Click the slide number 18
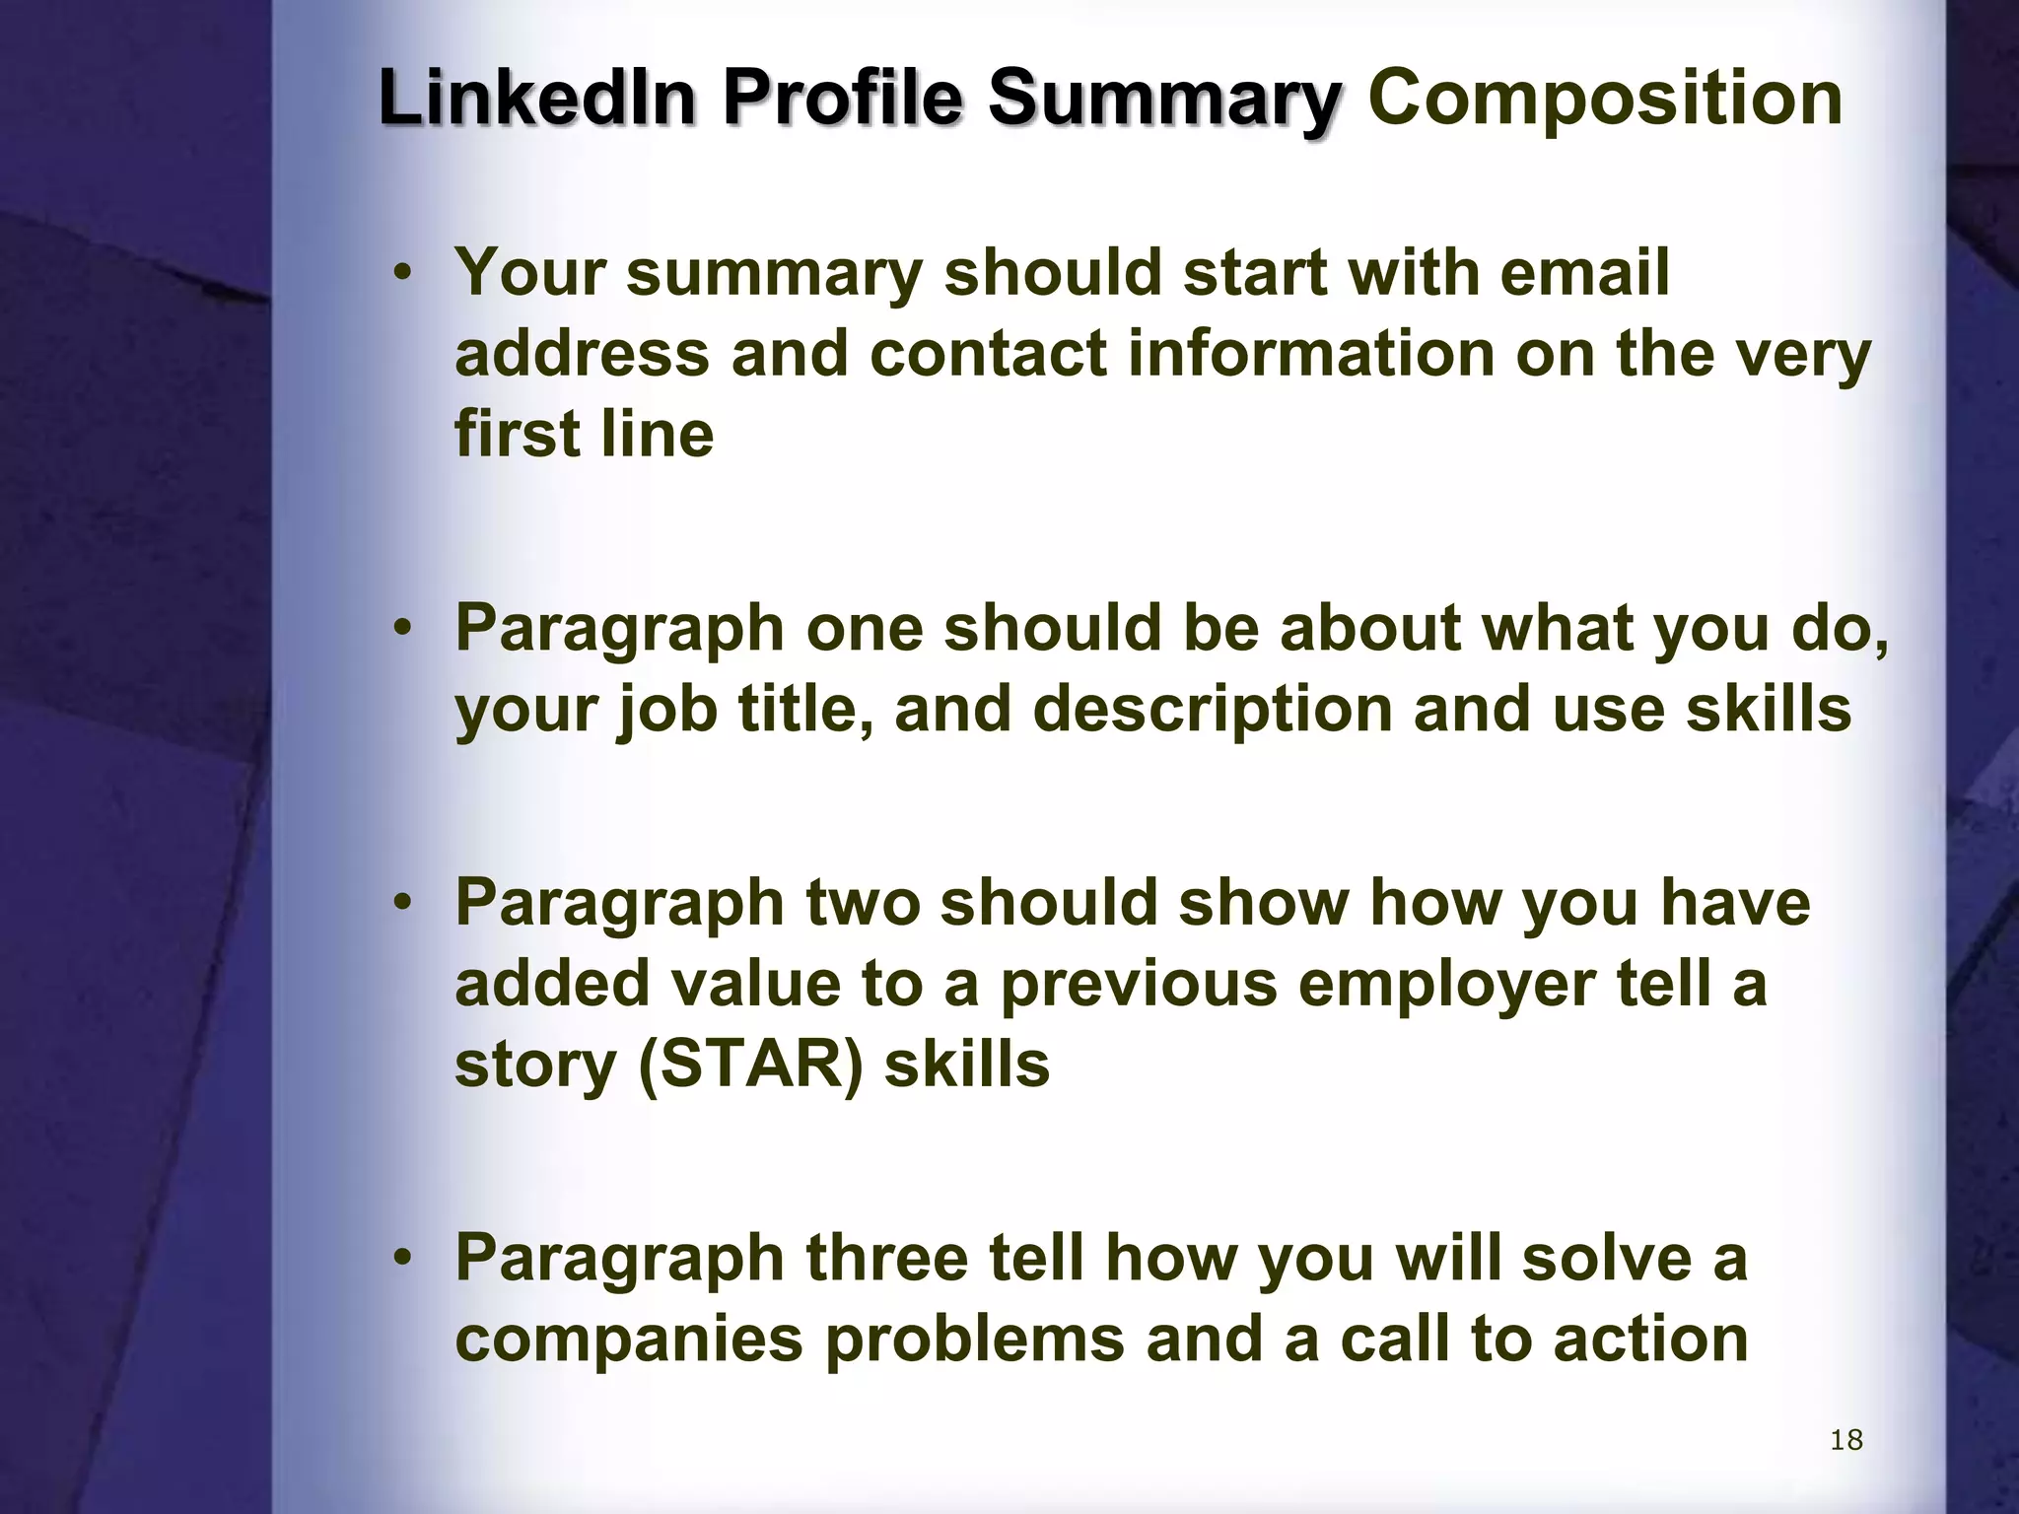(x=1845, y=1440)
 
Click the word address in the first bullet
(x=582, y=353)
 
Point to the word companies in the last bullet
(x=629, y=1339)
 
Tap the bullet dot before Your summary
(x=400, y=274)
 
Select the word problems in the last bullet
(x=973, y=1339)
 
